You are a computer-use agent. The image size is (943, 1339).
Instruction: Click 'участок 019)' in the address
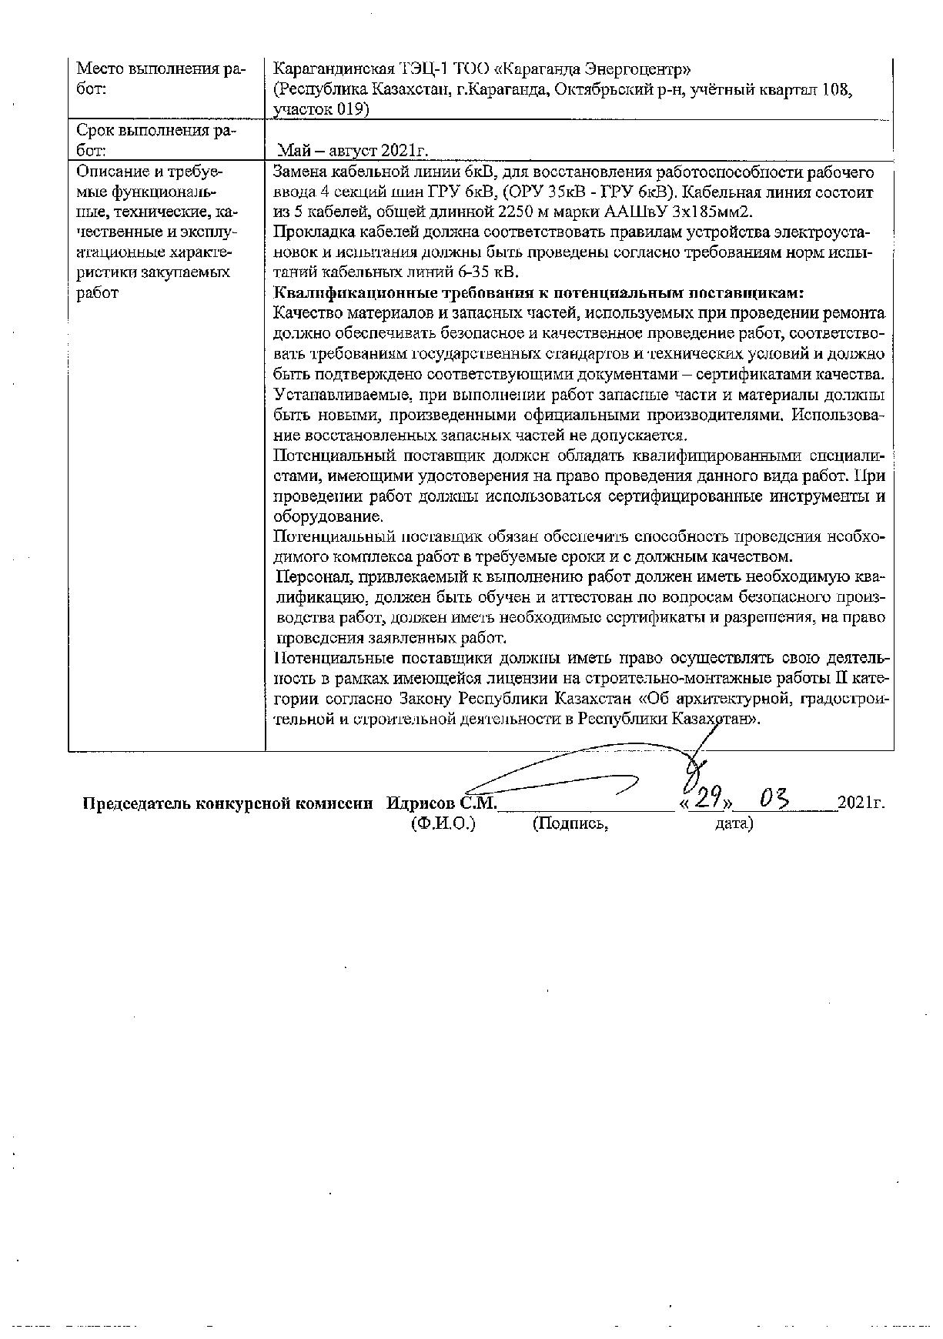(321, 110)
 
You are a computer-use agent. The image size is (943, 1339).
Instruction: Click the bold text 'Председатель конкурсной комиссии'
(228, 803)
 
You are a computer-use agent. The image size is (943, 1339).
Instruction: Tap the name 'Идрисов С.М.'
(442, 803)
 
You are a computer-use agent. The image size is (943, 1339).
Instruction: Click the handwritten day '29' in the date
(706, 800)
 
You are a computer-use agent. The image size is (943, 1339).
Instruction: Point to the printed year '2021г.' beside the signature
(861, 803)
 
